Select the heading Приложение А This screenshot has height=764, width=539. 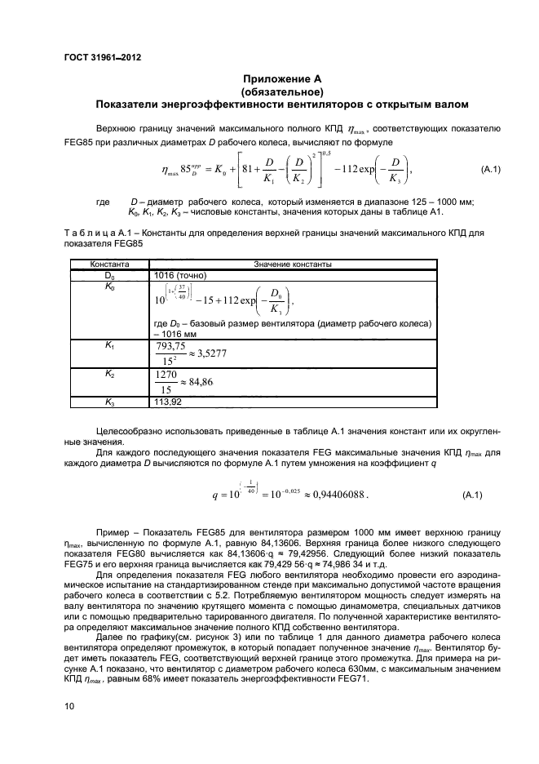[282, 79]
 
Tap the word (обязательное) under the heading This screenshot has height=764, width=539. [282, 91]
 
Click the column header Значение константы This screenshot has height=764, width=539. [292, 264]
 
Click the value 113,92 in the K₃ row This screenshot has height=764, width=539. [166, 402]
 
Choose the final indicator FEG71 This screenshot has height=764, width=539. [353, 677]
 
